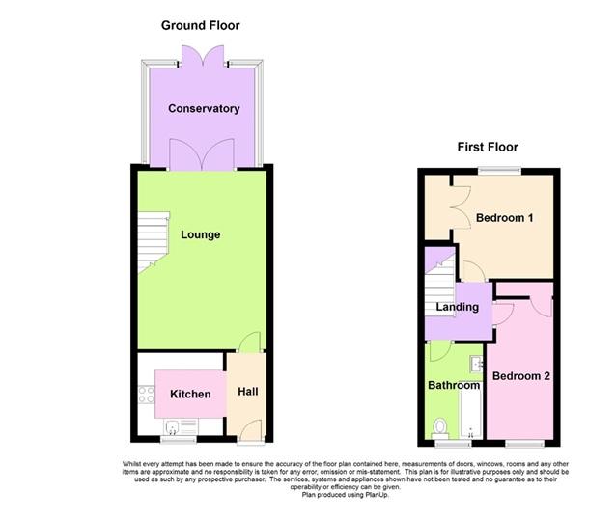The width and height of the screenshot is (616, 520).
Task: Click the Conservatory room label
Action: [x=203, y=109]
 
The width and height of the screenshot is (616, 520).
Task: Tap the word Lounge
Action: [x=200, y=234]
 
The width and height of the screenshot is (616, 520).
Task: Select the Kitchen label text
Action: [x=190, y=395]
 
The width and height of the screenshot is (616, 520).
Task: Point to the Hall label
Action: [x=248, y=393]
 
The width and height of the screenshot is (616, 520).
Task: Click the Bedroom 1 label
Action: [x=505, y=218]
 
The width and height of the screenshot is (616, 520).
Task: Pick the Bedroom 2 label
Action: [x=520, y=375]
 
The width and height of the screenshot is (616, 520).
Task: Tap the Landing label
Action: [x=457, y=308]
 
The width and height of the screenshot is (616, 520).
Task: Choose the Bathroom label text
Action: [x=454, y=386]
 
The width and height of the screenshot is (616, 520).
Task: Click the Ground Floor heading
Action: [x=201, y=25]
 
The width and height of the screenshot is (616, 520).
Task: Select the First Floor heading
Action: [x=488, y=147]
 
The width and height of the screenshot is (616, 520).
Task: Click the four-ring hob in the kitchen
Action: [x=148, y=395]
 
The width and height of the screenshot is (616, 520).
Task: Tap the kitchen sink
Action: [x=174, y=427]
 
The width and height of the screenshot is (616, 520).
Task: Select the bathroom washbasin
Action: [x=475, y=365]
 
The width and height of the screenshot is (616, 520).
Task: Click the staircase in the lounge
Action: [x=150, y=241]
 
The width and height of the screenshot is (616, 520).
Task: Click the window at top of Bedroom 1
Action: [x=499, y=171]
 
